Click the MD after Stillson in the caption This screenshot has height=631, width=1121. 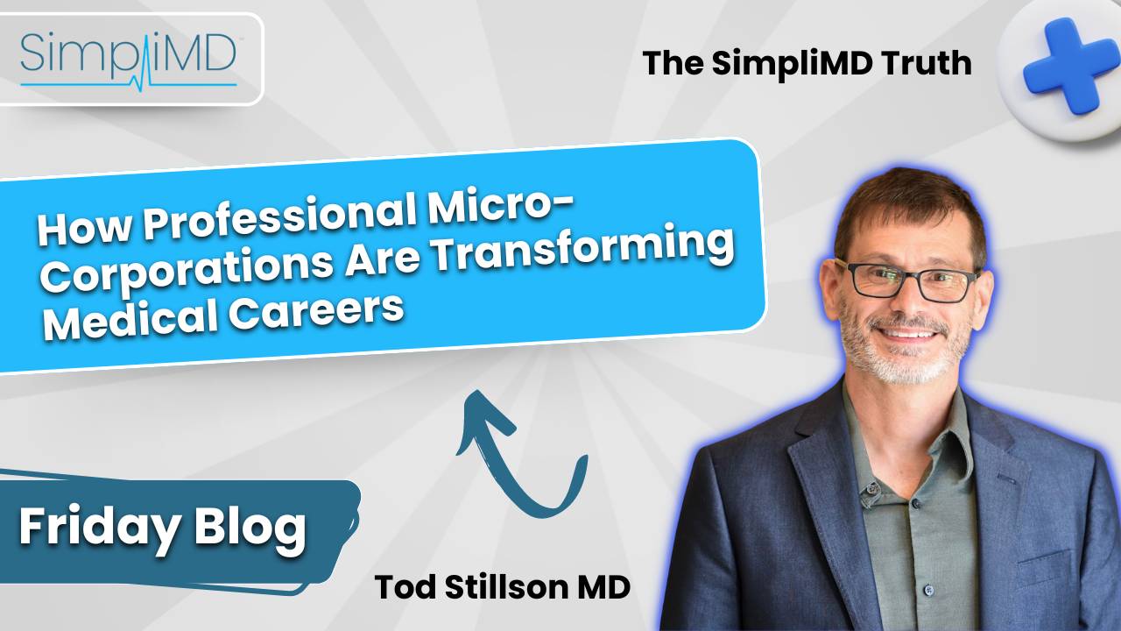[600, 588]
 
